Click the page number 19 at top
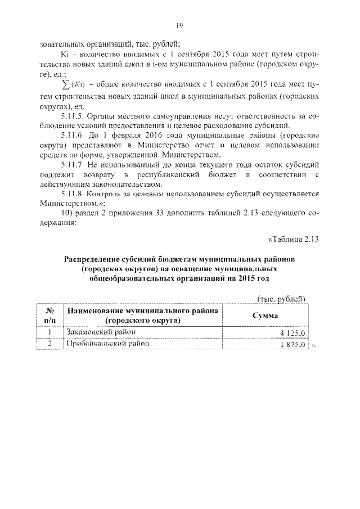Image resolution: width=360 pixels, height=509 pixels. [180, 25]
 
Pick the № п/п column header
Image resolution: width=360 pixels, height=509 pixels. [49, 316]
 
